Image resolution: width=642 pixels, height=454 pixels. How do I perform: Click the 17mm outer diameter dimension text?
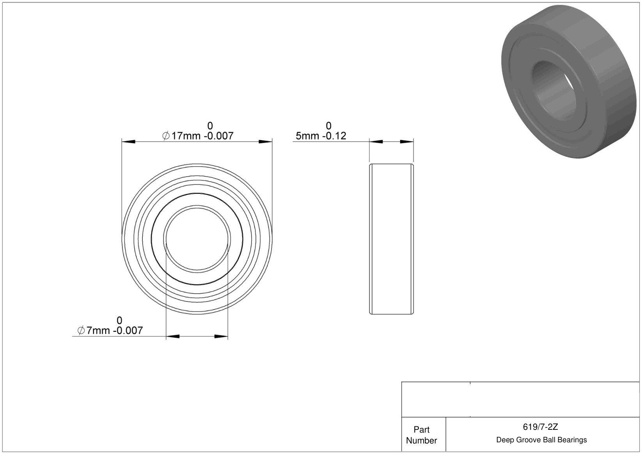click(x=198, y=136)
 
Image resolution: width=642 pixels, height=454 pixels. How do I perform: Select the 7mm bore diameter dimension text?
click(x=110, y=330)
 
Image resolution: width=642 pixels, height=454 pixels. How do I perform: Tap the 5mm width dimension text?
click(x=321, y=136)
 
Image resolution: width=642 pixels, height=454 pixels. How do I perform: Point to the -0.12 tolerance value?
click(x=334, y=136)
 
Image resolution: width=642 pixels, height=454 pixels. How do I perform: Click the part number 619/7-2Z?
click(x=540, y=427)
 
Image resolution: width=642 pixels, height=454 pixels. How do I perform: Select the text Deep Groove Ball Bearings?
click(x=541, y=440)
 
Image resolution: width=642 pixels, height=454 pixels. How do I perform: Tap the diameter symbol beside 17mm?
click(x=166, y=136)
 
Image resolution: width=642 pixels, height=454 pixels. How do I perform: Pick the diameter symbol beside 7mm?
click(x=81, y=330)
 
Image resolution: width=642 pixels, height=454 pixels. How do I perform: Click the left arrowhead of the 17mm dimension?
click(x=128, y=142)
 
